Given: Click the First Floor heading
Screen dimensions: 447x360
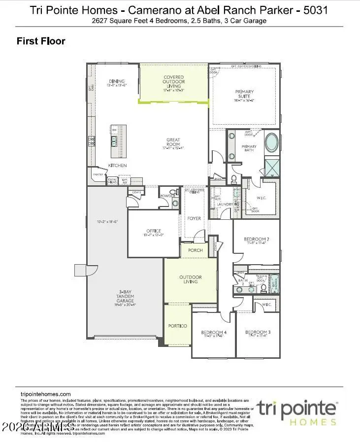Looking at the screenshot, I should point(41,41).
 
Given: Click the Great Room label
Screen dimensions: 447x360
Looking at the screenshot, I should point(173,143).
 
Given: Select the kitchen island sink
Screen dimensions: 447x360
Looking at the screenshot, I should point(114,142).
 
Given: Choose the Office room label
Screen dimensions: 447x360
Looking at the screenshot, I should point(154,231).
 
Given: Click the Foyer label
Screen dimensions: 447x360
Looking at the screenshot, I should point(194,218).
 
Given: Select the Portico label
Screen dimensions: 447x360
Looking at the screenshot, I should point(177,326).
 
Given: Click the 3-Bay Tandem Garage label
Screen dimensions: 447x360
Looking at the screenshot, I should point(125,296).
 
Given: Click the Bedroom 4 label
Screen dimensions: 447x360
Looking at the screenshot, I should point(213,333).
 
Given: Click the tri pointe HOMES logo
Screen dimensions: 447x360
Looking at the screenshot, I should point(296,412).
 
